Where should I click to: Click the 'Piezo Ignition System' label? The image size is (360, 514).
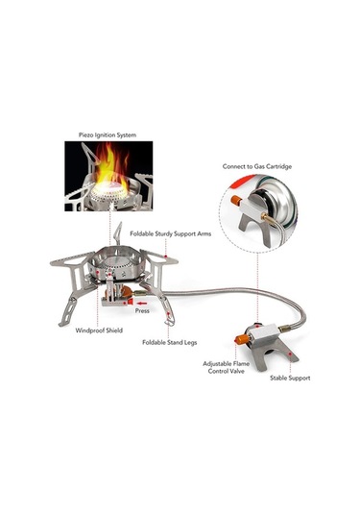click(x=108, y=135)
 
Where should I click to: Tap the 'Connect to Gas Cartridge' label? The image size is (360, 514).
click(x=257, y=166)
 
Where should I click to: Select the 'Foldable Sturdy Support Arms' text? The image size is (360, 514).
click(x=170, y=233)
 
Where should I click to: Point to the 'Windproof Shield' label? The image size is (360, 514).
click(x=99, y=330)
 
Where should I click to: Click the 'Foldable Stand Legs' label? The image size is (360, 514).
click(x=170, y=343)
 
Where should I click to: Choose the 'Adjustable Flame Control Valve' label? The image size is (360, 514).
click(x=226, y=367)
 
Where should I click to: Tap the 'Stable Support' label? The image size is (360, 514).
click(x=290, y=378)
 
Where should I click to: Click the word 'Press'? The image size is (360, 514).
click(x=142, y=310)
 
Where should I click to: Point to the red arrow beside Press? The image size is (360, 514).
click(x=141, y=304)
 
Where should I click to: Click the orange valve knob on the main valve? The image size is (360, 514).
click(x=242, y=339)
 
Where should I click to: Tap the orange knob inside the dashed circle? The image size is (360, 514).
click(x=236, y=200)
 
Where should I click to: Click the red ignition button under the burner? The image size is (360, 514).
click(x=130, y=302)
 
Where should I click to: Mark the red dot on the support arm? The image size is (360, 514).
click(x=166, y=256)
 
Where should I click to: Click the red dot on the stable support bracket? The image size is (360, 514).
click(x=289, y=355)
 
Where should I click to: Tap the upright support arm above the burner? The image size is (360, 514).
click(x=117, y=233)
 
